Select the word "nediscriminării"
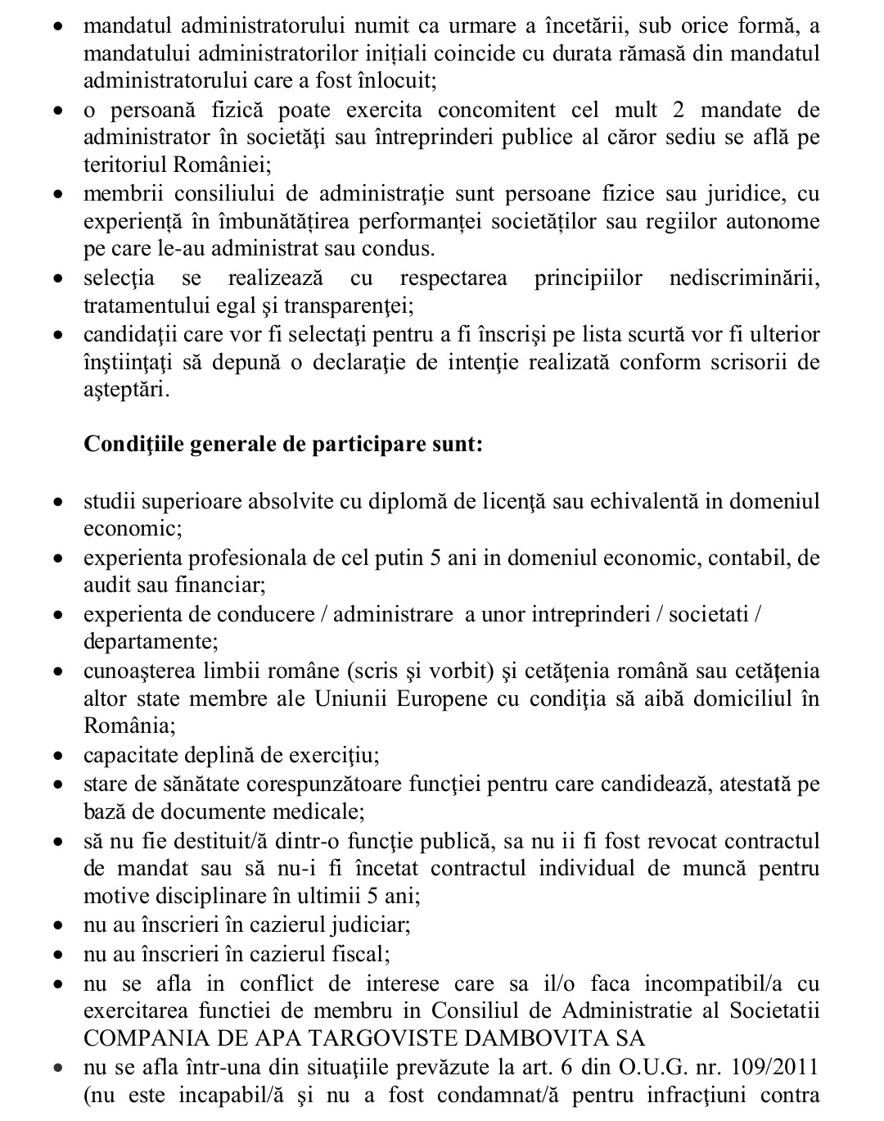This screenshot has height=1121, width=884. click(744, 278)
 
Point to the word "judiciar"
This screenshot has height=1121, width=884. click(370, 926)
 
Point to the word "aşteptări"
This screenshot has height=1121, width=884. click(127, 391)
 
